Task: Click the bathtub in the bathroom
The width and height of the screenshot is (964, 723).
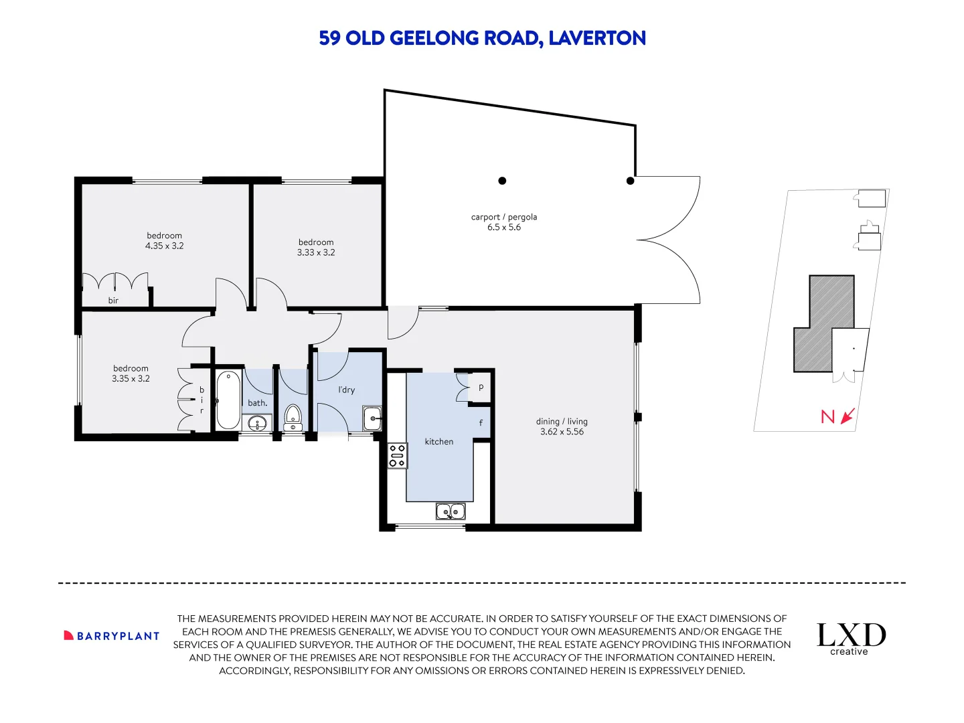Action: click(x=228, y=400)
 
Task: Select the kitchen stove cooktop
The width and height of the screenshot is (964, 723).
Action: click(x=397, y=456)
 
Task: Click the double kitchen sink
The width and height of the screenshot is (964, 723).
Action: click(x=450, y=511)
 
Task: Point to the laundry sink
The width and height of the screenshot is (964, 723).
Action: click(x=372, y=418)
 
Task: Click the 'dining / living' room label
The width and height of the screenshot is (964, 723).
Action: click(x=562, y=422)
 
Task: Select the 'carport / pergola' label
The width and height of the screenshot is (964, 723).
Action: click(x=503, y=217)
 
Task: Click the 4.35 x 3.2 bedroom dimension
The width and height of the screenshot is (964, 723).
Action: click(x=164, y=246)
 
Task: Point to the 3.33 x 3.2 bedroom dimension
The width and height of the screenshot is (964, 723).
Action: click(x=316, y=252)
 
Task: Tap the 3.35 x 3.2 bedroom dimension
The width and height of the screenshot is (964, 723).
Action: click(x=131, y=378)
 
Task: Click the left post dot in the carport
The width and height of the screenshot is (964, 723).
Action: click(x=502, y=181)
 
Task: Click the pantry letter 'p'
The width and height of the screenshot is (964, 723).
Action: click(x=481, y=387)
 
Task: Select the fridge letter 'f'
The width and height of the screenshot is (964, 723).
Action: click(x=481, y=422)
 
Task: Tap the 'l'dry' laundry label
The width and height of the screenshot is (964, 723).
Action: click(x=347, y=390)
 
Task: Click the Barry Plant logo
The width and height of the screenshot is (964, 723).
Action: click(x=112, y=636)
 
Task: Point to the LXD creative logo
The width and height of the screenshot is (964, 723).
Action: click(x=851, y=639)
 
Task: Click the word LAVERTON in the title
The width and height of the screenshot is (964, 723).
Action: click(x=597, y=38)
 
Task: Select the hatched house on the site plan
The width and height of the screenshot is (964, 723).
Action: click(x=823, y=323)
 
